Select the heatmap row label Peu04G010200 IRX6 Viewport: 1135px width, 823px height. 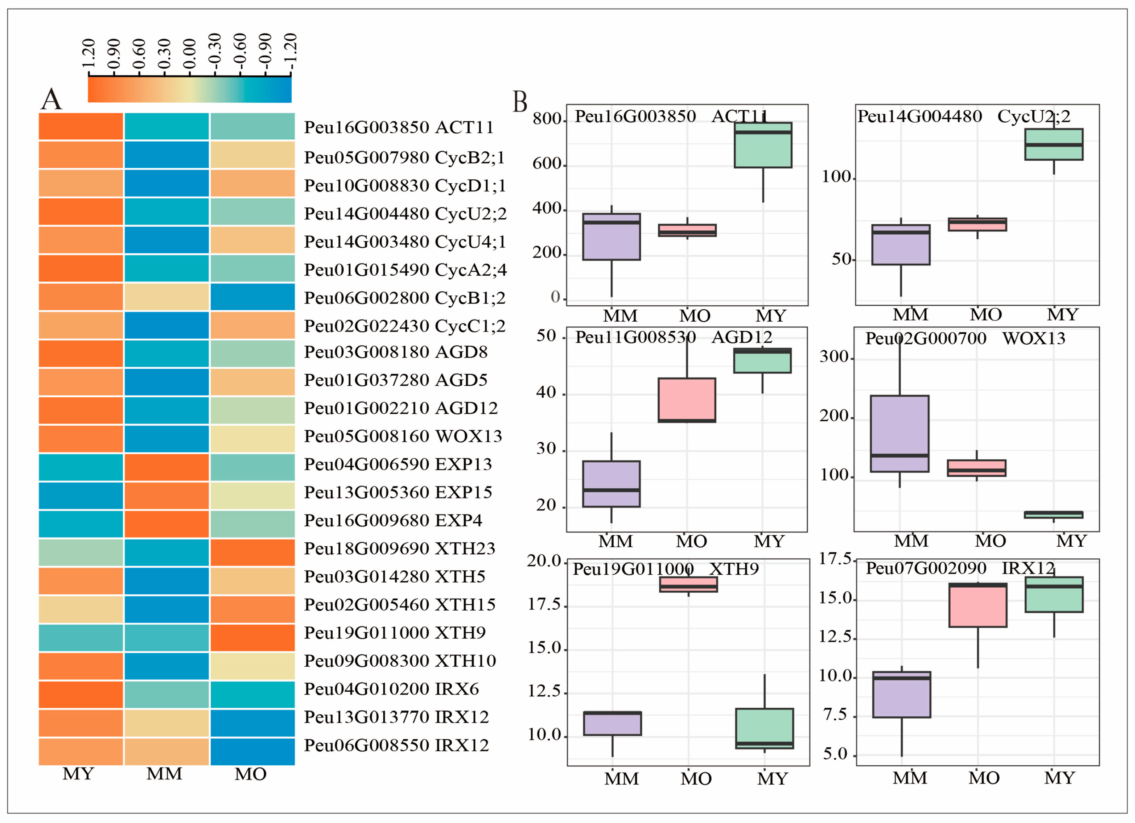[x=391, y=689]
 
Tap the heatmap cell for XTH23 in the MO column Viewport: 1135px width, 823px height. [x=252, y=552]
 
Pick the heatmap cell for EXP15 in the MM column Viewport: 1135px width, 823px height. [x=167, y=495]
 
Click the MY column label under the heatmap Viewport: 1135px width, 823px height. [x=78, y=774]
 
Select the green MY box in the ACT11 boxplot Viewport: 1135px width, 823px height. [x=763, y=145]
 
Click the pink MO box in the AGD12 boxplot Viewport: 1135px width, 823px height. [x=687, y=400]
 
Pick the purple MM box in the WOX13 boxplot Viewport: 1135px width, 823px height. [x=899, y=433]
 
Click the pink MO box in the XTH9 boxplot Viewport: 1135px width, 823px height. [x=688, y=585]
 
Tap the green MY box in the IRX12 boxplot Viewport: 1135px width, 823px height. [x=1054, y=594]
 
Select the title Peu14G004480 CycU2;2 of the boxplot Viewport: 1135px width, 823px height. [x=963, y=116]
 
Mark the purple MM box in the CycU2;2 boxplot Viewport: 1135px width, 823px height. [x=900, y=244]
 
